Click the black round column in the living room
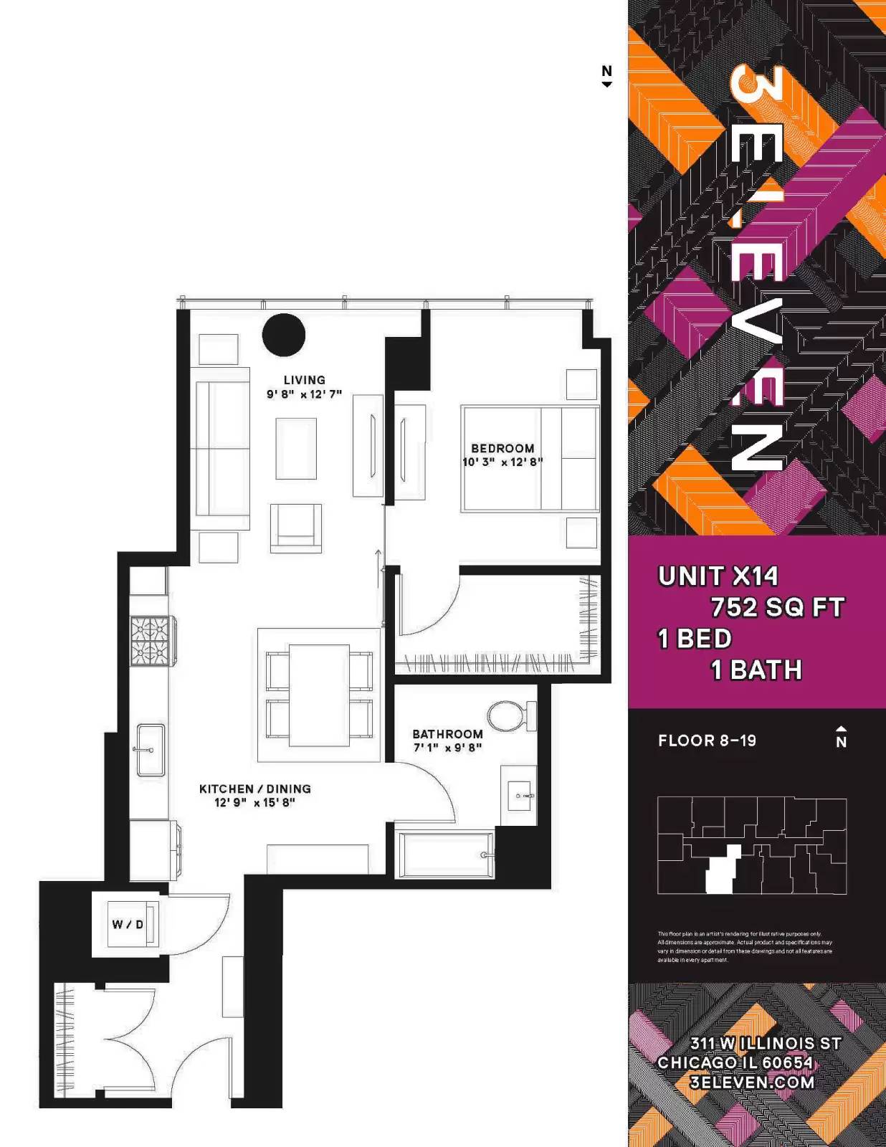[284, 335]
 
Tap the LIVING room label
[304, 380]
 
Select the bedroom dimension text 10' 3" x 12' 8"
[502, 462]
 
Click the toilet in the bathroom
[509, 716]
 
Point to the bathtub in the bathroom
[444, 855]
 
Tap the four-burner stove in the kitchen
[150, 640]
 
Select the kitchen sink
[151, 750]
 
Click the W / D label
[128, 925]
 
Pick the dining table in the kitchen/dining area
[319, 695]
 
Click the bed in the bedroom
[530, 459]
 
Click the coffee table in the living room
[296, 449]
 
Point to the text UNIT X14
[718, 576]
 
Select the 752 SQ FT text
[777, 608]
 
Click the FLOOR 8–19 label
[707, 741]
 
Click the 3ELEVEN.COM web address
[752, 1082]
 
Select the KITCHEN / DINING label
[255, 789]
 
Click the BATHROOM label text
[447, 734]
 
